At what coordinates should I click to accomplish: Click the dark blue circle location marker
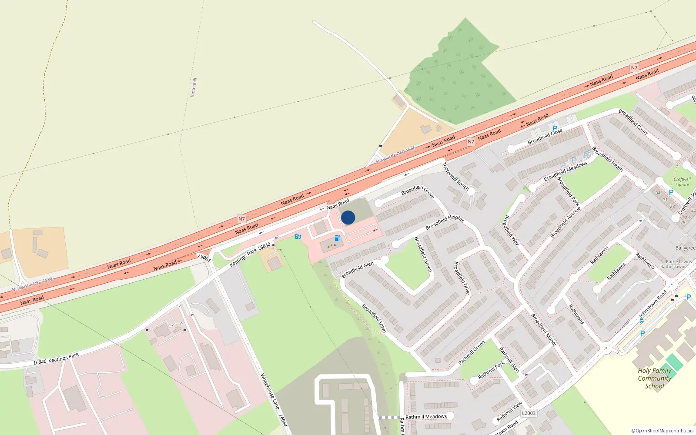(x=348, y=217)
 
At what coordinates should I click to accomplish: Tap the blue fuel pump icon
(x=337, y=238)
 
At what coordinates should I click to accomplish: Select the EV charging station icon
(x=298, y=236)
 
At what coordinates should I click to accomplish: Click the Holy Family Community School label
(x=654, y=378)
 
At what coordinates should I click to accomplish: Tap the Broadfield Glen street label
(x=358, y=270)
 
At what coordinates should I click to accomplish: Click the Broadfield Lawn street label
(x=374, y=318)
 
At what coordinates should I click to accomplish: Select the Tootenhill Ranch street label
(x=455, y=176)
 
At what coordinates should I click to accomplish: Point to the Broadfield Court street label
(x=633, y=122)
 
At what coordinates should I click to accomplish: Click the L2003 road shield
(x=529, y=413)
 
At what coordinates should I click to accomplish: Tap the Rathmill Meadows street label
(x=426, y=417)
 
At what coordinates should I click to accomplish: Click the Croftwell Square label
(x=682, y=182)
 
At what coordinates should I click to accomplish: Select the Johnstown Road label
(x=652, y=304)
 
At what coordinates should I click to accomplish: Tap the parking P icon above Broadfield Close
(x=555, y=128)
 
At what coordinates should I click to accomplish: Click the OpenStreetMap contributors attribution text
(x=663, y=431)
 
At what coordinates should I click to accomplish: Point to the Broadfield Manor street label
(x=544, y=329)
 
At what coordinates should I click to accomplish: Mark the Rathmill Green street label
(x=472, y=353)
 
